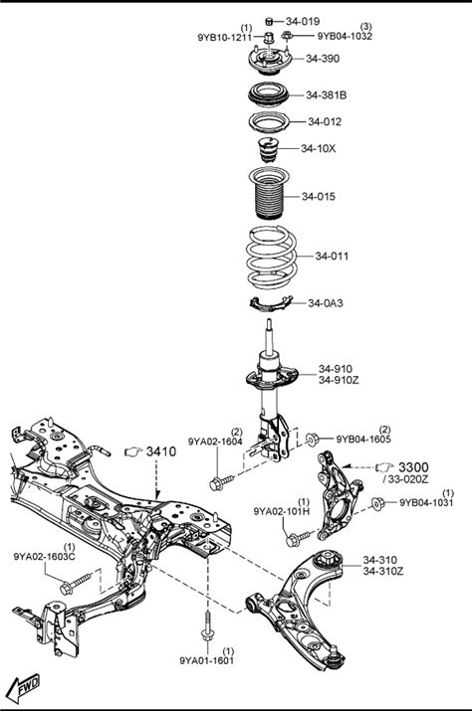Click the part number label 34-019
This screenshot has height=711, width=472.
pos(303,21)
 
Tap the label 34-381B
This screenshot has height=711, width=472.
pos(327,95)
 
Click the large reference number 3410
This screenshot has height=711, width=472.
pos(160,451)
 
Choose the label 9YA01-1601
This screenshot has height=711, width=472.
pos(207,660)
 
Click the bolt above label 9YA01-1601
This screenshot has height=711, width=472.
pos(207,626)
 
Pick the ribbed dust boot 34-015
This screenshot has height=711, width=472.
pos(271,194)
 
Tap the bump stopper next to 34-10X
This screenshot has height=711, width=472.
pos(268,149)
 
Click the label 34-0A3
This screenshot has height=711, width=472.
pos(326,303)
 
